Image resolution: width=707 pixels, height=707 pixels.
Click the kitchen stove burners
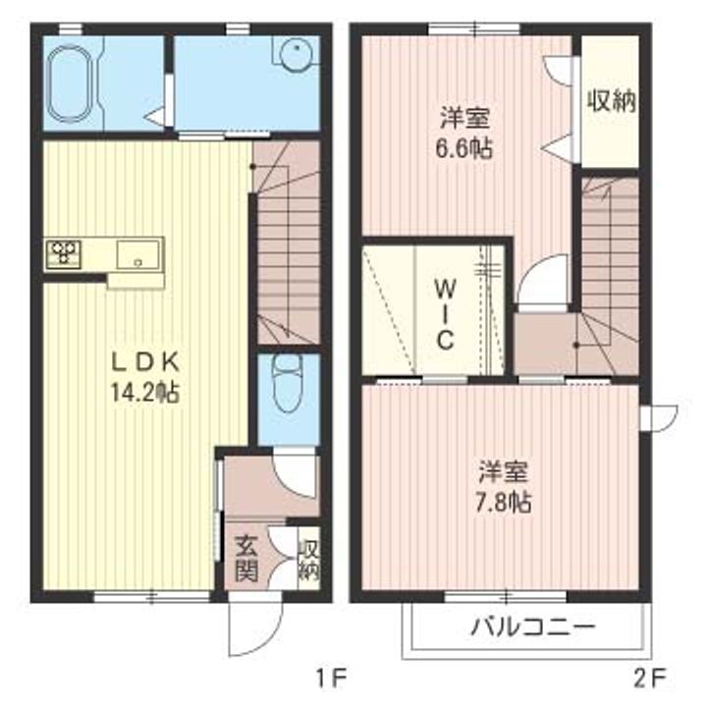[x=64, y=252]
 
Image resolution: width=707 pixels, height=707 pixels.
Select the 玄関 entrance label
[x=245, y=557]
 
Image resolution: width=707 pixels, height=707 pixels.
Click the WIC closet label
[x=444, y=314]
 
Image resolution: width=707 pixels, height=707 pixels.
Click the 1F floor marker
[x=330, y=677]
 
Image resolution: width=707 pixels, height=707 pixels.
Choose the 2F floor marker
[x=650, y=677]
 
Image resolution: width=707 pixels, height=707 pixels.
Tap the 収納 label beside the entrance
[x=307, y=557]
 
